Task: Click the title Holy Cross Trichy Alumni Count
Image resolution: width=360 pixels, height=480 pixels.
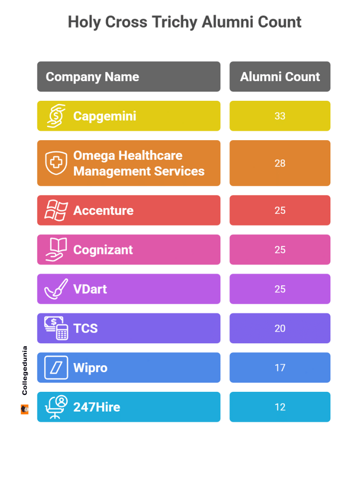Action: tap(184, 22)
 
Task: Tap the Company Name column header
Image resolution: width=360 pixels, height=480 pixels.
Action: tap(92, 77)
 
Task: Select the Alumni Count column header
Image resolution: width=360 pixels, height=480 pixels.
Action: tap(280, 77)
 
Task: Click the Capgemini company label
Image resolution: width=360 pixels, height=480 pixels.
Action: tap(105, 116)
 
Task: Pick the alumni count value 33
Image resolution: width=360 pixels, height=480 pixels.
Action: tap(280, 116)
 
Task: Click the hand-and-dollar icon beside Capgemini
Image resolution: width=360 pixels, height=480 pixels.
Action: tap(56, 116)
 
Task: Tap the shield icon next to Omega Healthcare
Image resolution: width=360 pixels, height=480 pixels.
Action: tap(56, 163)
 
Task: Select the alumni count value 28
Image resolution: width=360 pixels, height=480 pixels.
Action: tap(280, 163)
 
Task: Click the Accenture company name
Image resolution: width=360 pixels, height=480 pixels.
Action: tap(103, 210)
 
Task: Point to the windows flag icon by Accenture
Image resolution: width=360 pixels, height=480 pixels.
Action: tap(56, 210)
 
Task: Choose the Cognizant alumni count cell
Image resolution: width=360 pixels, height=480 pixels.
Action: tap(280, 250)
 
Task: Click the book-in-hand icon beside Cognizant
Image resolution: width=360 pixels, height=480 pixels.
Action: tap(56, 250)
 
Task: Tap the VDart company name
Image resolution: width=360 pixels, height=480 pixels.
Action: tap(90, 289)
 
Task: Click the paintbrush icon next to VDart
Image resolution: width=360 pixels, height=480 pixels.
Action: tap(56, 289)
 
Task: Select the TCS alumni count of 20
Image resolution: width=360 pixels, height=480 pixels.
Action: tap(280, 329)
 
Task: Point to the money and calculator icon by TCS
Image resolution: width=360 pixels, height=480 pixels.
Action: tap(56, 328)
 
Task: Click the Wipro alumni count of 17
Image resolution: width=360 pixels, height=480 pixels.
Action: tap(280, 368)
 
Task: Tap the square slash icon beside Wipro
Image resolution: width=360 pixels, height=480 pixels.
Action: tap(56, 367)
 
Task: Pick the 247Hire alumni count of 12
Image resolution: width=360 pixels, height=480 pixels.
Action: tap(280, 407)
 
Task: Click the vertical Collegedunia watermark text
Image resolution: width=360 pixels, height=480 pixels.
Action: tap(25, 370)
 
